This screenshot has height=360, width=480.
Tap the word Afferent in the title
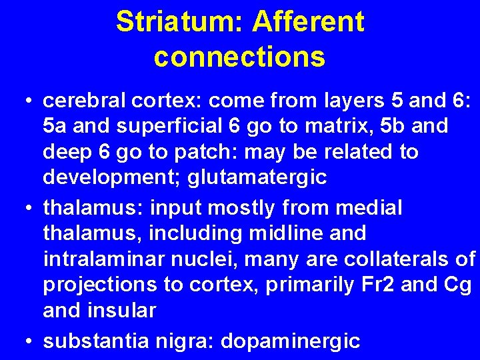pyautogui.click(x=308, y=22)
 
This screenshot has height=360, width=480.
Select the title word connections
pyautogui.click(x=240, y=57)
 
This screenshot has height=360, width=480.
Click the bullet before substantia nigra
pyautogui.click(x=26, y=341)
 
